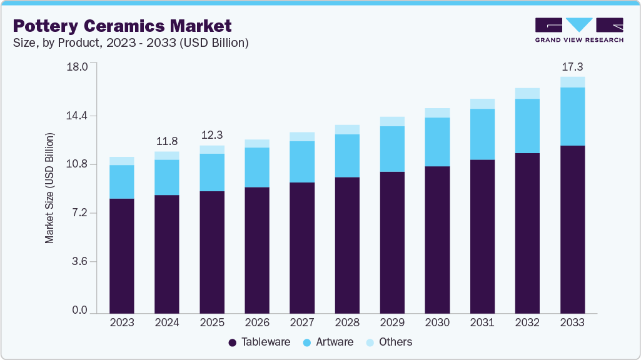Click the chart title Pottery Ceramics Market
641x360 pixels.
pos(123,26)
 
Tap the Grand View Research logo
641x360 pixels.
pos(579,30)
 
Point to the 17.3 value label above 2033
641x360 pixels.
pos(572,66)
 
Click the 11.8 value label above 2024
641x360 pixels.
pos(167,141)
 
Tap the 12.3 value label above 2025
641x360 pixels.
pos(212,135)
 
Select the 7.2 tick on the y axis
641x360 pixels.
pos(79,214)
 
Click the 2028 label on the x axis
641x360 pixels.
pos(347,322)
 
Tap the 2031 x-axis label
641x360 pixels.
pos(482,322)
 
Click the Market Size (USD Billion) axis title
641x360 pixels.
pos(49,188)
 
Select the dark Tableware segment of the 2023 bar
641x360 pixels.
pos(122,256)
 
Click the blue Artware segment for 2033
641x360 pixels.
pos(572,116)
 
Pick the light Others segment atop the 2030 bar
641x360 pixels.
pos(437,113)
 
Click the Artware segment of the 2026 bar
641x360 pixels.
pos(257,167)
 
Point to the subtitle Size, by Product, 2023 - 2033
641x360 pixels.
pos(131,43)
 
